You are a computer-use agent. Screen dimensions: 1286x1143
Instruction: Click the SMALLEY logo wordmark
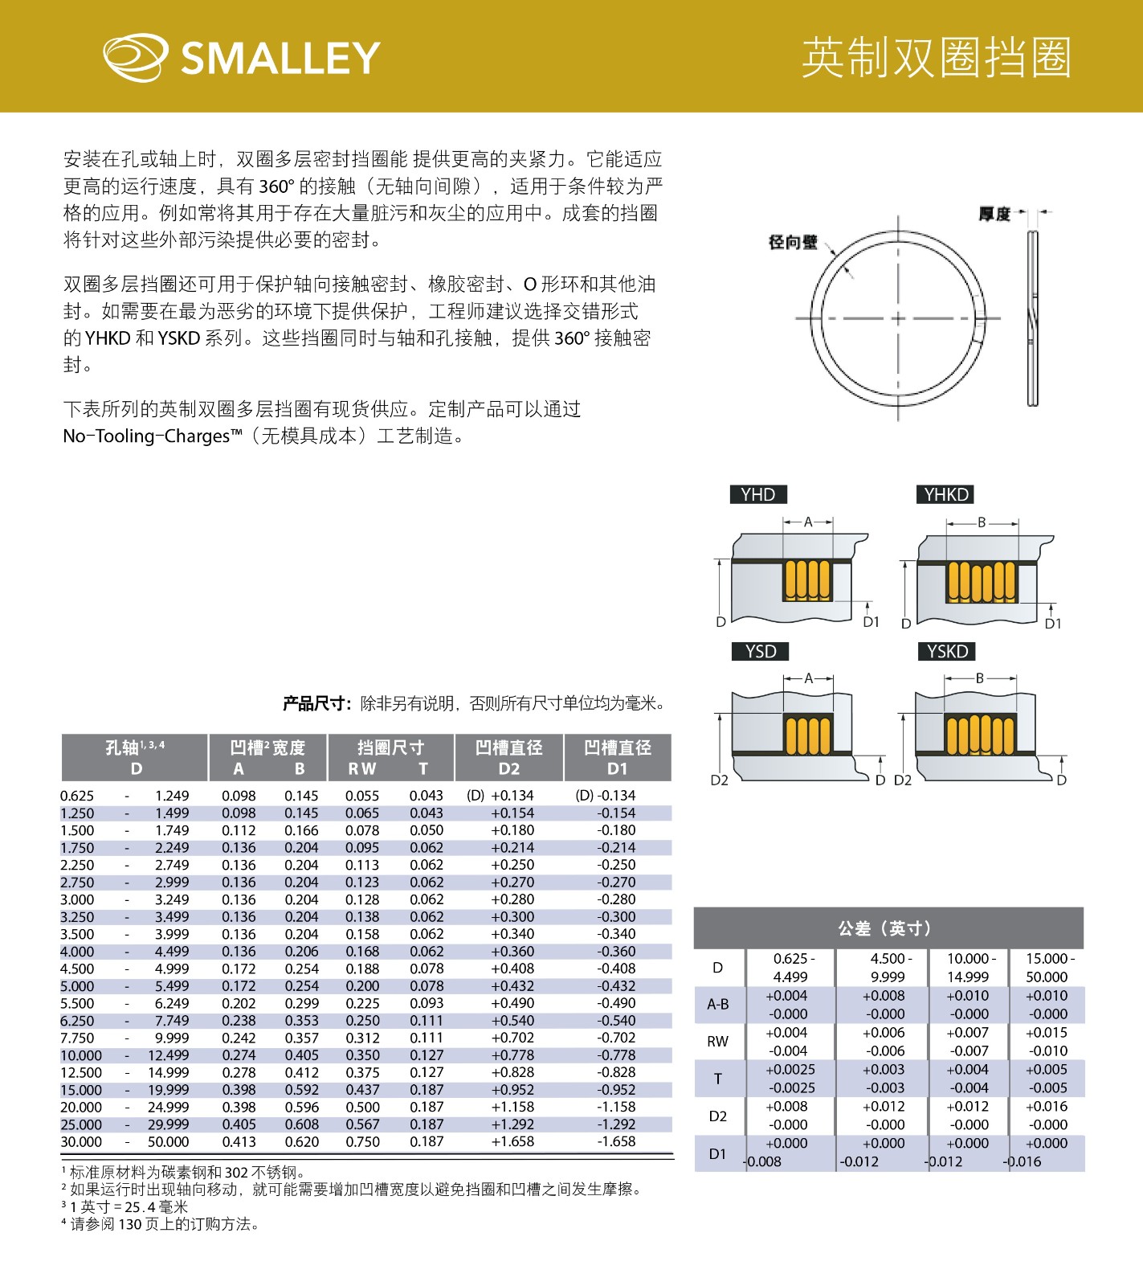[280, 58]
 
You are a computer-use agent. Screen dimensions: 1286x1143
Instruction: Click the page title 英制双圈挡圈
[936, 57]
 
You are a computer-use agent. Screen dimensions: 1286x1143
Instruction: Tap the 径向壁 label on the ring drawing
[792, 242]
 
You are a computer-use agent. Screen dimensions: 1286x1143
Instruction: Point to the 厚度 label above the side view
[994, 214]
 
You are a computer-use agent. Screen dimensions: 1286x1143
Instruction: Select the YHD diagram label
[757, 494]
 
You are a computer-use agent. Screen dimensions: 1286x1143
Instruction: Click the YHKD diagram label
[946, 494]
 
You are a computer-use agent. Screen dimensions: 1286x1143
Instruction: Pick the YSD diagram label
[760, 651]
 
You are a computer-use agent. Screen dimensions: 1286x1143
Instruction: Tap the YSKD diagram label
[947, 651]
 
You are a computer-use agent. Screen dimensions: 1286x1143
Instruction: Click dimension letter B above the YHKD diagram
[981, 522]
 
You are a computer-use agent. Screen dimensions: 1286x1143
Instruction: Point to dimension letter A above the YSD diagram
[808, 678]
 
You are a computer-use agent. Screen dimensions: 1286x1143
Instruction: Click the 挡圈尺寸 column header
[390, 747]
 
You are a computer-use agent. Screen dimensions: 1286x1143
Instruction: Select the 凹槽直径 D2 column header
[508, 757]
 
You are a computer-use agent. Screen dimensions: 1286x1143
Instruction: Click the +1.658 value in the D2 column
[512, 1141]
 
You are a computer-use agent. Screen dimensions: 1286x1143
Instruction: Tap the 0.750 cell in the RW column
[362, 1141]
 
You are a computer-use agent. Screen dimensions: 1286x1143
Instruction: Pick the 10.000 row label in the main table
[81, 1055]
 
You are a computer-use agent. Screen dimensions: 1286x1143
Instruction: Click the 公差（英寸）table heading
[888, 928]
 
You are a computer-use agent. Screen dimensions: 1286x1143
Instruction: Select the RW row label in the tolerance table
[717, 1042]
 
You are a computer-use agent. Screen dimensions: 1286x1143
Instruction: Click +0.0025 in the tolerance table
[790, 1070]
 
